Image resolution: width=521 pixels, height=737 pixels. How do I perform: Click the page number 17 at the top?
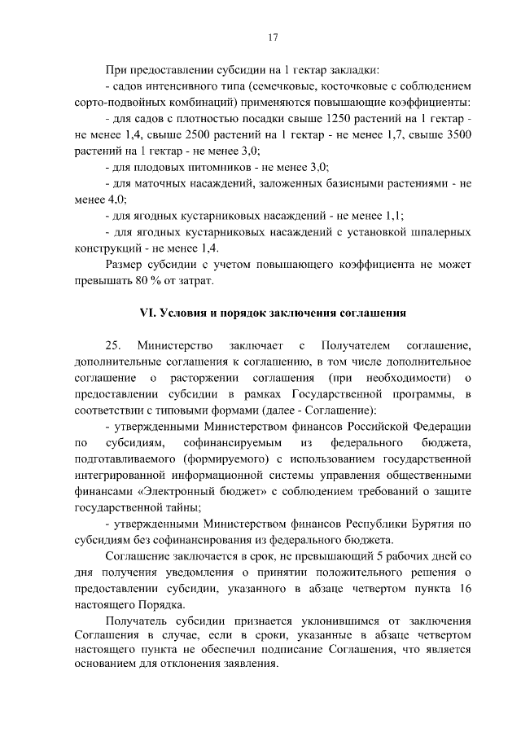[273, 37]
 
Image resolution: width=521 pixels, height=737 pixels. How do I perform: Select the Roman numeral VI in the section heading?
[147, 314]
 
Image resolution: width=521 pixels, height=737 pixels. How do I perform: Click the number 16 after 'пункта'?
[464, 590]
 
